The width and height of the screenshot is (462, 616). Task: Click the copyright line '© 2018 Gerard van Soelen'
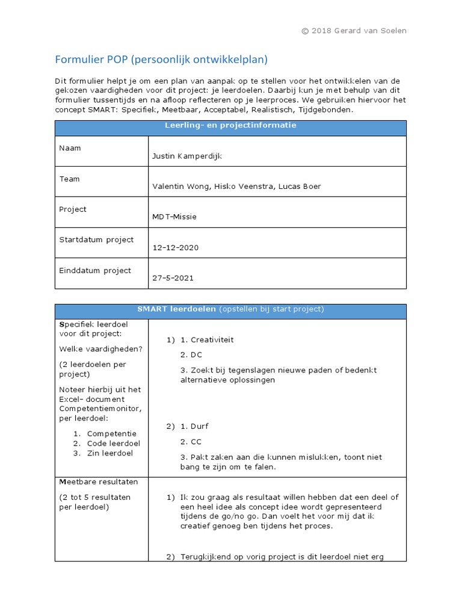click(x=354, y=31)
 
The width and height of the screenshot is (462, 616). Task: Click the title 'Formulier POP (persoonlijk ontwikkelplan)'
click(x=161, y=60)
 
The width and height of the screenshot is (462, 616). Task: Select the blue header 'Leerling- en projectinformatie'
click(x=230, y=126)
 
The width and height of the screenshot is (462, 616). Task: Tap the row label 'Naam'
click(x=70, y=148)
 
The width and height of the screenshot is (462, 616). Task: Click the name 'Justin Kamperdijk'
click(x=187, y=156)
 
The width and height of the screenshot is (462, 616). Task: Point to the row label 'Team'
click(x=69, y=179)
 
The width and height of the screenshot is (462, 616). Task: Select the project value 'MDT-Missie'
click(x=174, y=217)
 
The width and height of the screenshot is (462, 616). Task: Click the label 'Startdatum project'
click(x=96, y=239)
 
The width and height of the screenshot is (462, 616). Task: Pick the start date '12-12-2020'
click(x=176, y=247)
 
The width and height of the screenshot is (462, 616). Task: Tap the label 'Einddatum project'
click(x=95, y=270)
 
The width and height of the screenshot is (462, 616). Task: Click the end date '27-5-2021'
click(x=173, y=278)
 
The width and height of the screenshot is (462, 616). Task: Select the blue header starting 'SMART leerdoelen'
click(x=230, y=309)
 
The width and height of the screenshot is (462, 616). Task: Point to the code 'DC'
click(x=196, y=355)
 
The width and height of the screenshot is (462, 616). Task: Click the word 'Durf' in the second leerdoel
click(x=200, y=427)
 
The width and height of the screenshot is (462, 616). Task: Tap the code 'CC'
click(x=196, y=442)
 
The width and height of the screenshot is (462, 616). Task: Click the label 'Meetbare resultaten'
click(x=99, y=482)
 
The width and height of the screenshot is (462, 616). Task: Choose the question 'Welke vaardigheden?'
click(x=100, y=349)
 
